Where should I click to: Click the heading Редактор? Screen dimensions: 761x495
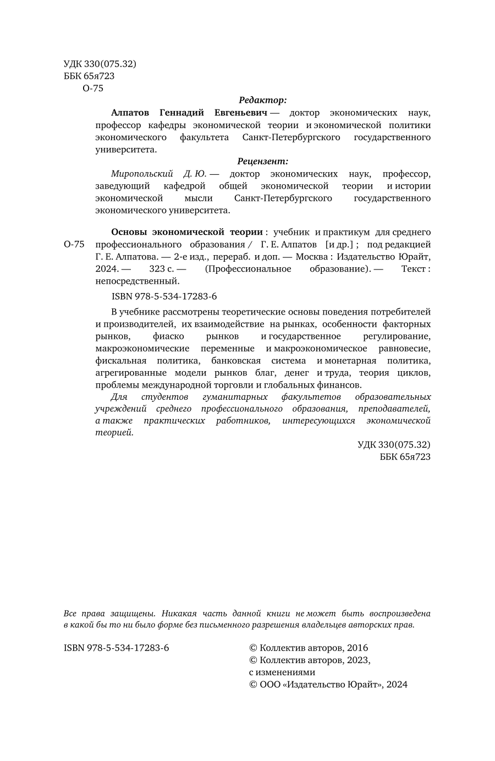tap(262, 100)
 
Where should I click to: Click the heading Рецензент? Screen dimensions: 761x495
tap(262, 161)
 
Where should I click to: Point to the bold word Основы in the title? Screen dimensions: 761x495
tap(128, 232)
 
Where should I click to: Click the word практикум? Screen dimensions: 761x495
tap(346, 232)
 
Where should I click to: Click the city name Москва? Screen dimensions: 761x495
tap(310, 257)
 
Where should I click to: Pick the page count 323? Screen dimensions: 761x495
tap(156, 269)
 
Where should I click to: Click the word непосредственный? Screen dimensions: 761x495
tap(137, 281)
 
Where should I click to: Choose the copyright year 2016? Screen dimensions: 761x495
tap(357, 648)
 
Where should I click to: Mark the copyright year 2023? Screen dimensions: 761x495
tap(358, 660)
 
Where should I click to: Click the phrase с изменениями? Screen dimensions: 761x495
tap(282, 672)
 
